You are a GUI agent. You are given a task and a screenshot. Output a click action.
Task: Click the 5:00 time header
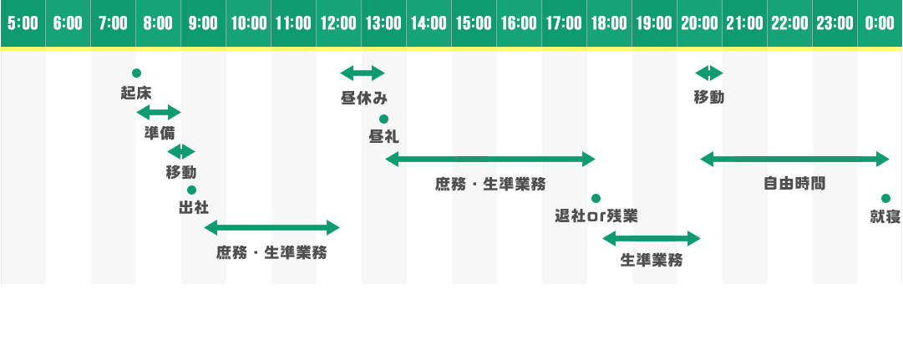(x=23, y=23)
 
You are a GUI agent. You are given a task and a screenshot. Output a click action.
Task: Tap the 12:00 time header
(x=338, y=23)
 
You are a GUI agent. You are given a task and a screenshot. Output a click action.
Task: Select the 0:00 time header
(x=880, y=23)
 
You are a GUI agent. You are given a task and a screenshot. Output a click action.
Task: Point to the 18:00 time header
(x=609, y=23)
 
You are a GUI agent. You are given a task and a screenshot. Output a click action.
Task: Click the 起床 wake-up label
(x=136, y=93)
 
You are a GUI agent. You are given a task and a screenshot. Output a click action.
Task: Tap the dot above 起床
(x=136, y=74)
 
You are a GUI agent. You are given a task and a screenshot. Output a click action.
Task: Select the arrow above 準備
(x=159, y=112)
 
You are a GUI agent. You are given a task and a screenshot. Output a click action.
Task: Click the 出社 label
(x=194, y=208)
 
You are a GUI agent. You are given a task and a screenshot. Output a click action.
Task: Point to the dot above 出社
(x=192, y=190)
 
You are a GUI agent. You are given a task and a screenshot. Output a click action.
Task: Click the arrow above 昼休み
(x=363, y=74)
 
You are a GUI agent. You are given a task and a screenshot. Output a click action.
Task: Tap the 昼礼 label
(x=383, y=137)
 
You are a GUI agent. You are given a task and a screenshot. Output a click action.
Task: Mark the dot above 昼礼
(x=383, y=119)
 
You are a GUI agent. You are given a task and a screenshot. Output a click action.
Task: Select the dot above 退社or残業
(x=596, y=198)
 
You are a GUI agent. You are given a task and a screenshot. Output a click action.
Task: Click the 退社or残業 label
(x=596, y=216)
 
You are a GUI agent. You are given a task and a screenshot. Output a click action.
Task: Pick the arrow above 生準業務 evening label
(x=652, y=238)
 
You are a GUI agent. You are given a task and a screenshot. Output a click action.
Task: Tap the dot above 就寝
(x=885, y=198)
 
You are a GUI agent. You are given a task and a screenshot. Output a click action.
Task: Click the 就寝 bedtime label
(x=885, y=216)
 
